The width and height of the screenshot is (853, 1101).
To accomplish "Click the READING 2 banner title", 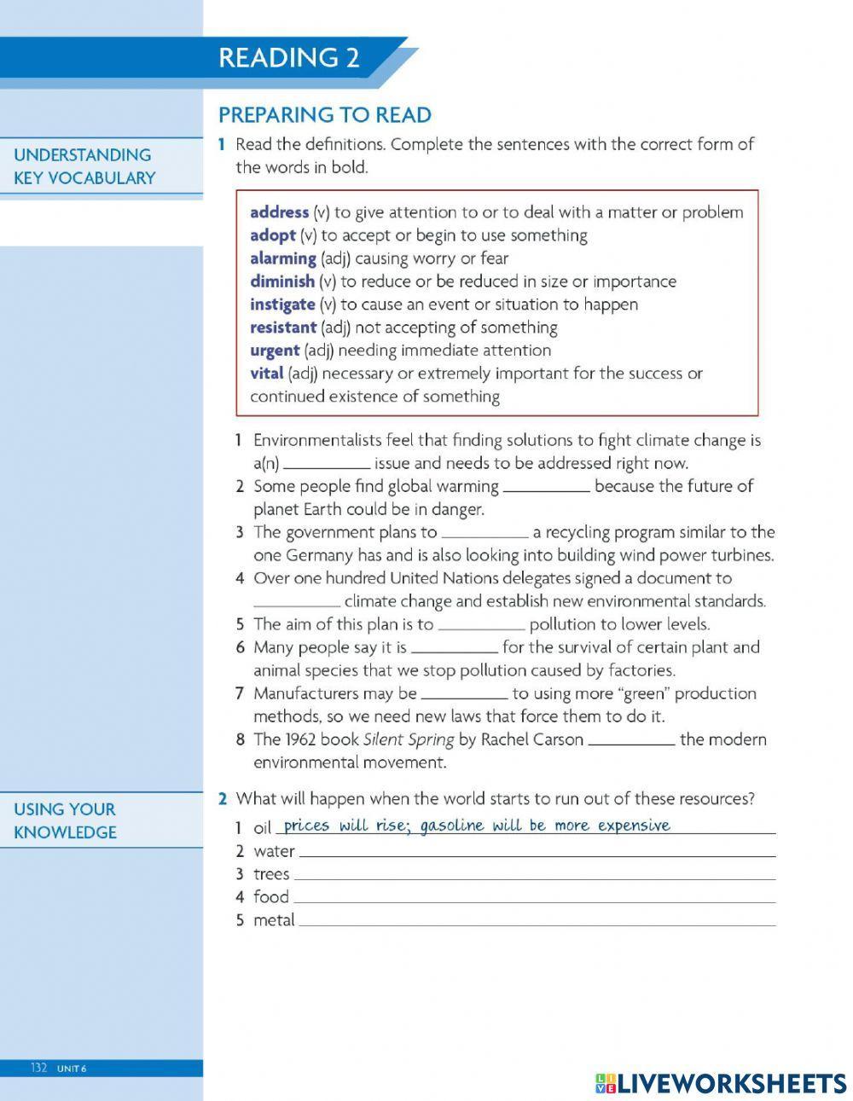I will point(288,58).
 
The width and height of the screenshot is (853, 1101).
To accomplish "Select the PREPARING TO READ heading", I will point(324,115).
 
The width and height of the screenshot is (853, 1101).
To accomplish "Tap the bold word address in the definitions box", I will point(279,212).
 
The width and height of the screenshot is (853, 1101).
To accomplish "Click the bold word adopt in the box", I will point(272,235).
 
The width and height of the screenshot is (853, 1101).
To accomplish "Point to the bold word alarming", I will point(282,258).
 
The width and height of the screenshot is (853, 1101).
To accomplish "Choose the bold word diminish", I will point(281,281).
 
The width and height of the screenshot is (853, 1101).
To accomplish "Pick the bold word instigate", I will point(281,304).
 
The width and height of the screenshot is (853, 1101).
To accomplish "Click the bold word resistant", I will point(282,327).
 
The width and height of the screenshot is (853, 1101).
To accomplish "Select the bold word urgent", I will point(274,351).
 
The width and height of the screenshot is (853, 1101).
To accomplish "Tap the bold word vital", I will point(266,374).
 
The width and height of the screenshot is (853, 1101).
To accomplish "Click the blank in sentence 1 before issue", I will point(326,465).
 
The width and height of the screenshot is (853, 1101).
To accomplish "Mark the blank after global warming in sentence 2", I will point(546,488).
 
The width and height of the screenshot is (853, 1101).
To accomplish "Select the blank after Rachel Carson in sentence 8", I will point(631,741).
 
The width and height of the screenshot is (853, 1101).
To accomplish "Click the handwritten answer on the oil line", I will point(476,826).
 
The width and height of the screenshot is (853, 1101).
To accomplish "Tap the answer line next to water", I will point(537,852).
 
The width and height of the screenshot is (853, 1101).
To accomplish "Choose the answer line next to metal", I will point(537,921).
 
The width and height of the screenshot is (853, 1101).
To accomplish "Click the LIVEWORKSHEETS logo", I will point(721,1083).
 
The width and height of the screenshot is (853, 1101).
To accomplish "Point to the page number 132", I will point(39,1069).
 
